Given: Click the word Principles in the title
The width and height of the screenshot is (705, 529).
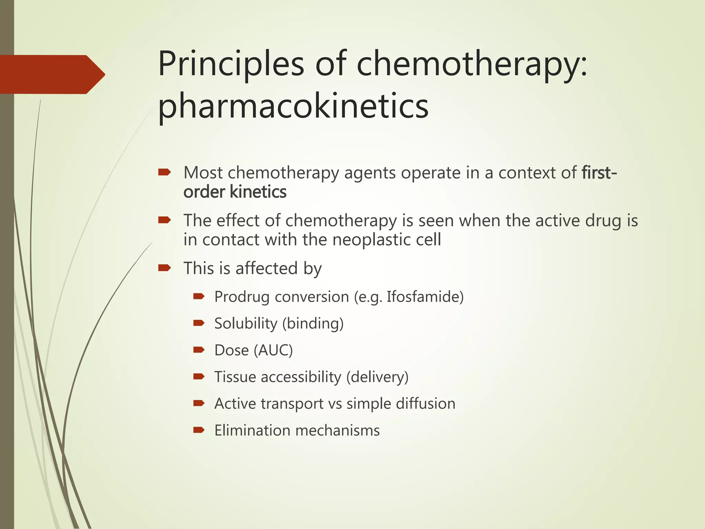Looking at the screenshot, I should pyautogui.click(x=231, y=64).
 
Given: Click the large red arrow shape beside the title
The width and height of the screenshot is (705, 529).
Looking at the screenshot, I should pyautogui.click(x=52, y=74).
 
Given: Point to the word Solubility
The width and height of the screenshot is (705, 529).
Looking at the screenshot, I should pyautogui.click(x=246, y=323).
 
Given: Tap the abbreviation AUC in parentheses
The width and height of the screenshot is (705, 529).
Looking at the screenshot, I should pyautogui.click(x=273, y=350).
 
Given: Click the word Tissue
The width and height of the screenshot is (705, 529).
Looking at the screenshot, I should pyautogui.click(x=235, y=377).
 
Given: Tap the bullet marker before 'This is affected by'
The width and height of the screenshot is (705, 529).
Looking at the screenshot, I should pyautogui.click(x=164, y=268).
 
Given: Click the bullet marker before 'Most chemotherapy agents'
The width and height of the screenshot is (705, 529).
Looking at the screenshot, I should pyautogui.click(x=164, y=172).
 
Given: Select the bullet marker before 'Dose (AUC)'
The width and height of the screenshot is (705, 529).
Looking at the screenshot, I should pyautogui.click(x=199, y=350).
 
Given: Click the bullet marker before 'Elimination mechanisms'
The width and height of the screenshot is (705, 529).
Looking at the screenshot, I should pyautogui.click(x=199, y=430).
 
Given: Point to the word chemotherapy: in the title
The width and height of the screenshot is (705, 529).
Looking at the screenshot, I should pyautogui.click(x=472, y=64).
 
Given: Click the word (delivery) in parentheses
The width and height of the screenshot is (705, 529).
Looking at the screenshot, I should pyautogui.click(x=377, y=377).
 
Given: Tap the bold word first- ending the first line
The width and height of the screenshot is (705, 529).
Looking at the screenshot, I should pyautogui.click(x=599, y=173).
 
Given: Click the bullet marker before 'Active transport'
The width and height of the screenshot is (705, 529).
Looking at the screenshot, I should pyautogui.click(x=199, y=403).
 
